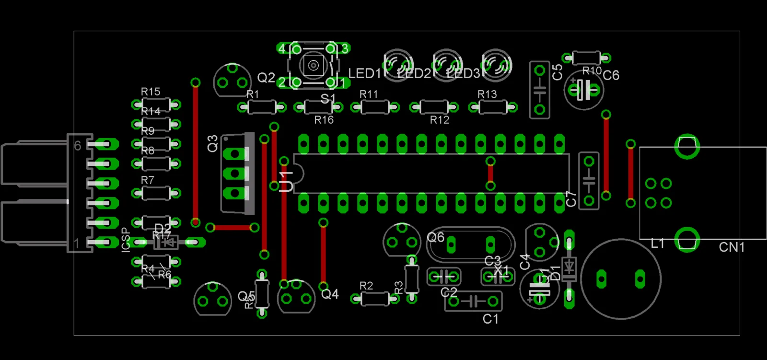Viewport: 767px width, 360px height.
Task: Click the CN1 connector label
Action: (x=732, y=247)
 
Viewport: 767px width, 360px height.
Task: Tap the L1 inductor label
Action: (x=657, y=244)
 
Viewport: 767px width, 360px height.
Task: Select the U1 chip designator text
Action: (x=286, y=181)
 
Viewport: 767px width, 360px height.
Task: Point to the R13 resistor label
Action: (x=487, y=94)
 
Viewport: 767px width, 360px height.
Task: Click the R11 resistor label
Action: (x=369, y=94)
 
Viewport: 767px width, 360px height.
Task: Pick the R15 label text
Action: (x=151, y=92)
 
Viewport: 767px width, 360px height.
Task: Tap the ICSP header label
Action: (x=126, y=240)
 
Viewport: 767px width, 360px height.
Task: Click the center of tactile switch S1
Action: (x=313, y=65)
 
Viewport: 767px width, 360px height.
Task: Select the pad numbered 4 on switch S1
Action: (x=282, y=48)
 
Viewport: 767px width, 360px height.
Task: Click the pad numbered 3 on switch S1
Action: (x=345, y=48)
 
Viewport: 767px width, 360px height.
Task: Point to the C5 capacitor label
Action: (x=557, y=72)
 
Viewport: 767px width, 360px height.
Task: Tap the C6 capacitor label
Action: (x=611, y=75)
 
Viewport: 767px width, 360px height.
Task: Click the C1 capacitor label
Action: (x=490, y=319)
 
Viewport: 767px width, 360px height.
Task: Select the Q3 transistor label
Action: (x=212, y=143)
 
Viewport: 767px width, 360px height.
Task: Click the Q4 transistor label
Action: (x=330, y=294)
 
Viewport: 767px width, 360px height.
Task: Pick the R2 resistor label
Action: (x=366, y=286)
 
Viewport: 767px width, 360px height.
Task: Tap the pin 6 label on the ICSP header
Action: (x=78, y=146)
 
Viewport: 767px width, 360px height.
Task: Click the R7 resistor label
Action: (x=148, y=180)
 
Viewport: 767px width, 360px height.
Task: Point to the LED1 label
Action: (x=364, y=74)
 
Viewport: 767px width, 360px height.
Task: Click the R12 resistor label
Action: (x=440, y=120)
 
